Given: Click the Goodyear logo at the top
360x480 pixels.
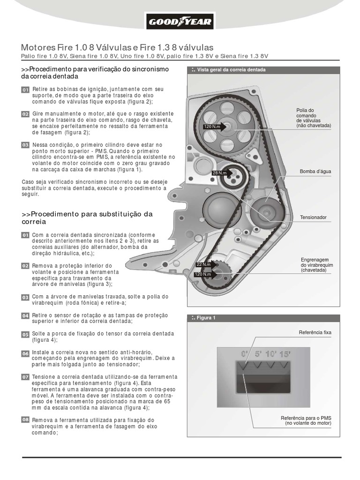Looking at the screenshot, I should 180,21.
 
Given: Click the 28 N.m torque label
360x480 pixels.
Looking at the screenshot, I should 219,173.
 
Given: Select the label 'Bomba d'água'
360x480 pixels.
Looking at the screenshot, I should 315,172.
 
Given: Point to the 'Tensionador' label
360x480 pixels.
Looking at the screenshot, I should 313,217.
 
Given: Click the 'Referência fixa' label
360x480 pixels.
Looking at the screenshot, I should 315,332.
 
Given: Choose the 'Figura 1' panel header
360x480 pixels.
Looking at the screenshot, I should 206,318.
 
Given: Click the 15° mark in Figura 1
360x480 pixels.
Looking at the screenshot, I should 284,353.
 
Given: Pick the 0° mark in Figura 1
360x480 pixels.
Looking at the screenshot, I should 244,353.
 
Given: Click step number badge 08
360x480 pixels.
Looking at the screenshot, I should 25,420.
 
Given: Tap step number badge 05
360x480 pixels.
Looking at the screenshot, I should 25,334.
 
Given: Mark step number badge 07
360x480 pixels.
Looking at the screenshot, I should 25,377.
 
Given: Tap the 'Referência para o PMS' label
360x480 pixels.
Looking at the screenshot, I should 306,420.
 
